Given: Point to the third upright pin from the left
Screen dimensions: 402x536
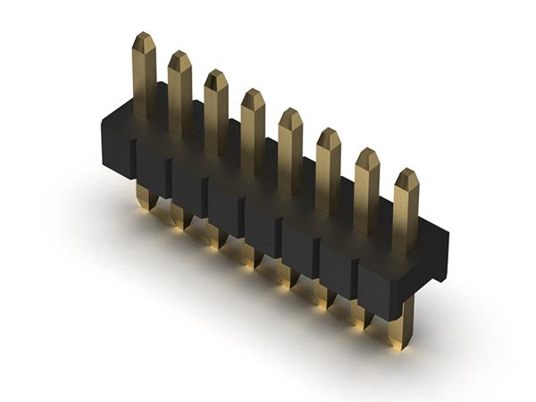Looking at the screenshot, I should [215, 112].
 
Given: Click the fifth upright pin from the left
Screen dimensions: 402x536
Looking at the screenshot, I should [289, 150].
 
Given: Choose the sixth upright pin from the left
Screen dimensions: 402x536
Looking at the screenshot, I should [328, 170].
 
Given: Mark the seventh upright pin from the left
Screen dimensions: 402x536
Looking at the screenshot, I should [366, 190].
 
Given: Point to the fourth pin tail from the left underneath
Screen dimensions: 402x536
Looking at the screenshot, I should [253, 255].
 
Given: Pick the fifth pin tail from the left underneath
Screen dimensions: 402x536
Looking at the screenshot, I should [289, 275].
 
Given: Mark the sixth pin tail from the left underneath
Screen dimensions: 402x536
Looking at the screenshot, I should [324, 295].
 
